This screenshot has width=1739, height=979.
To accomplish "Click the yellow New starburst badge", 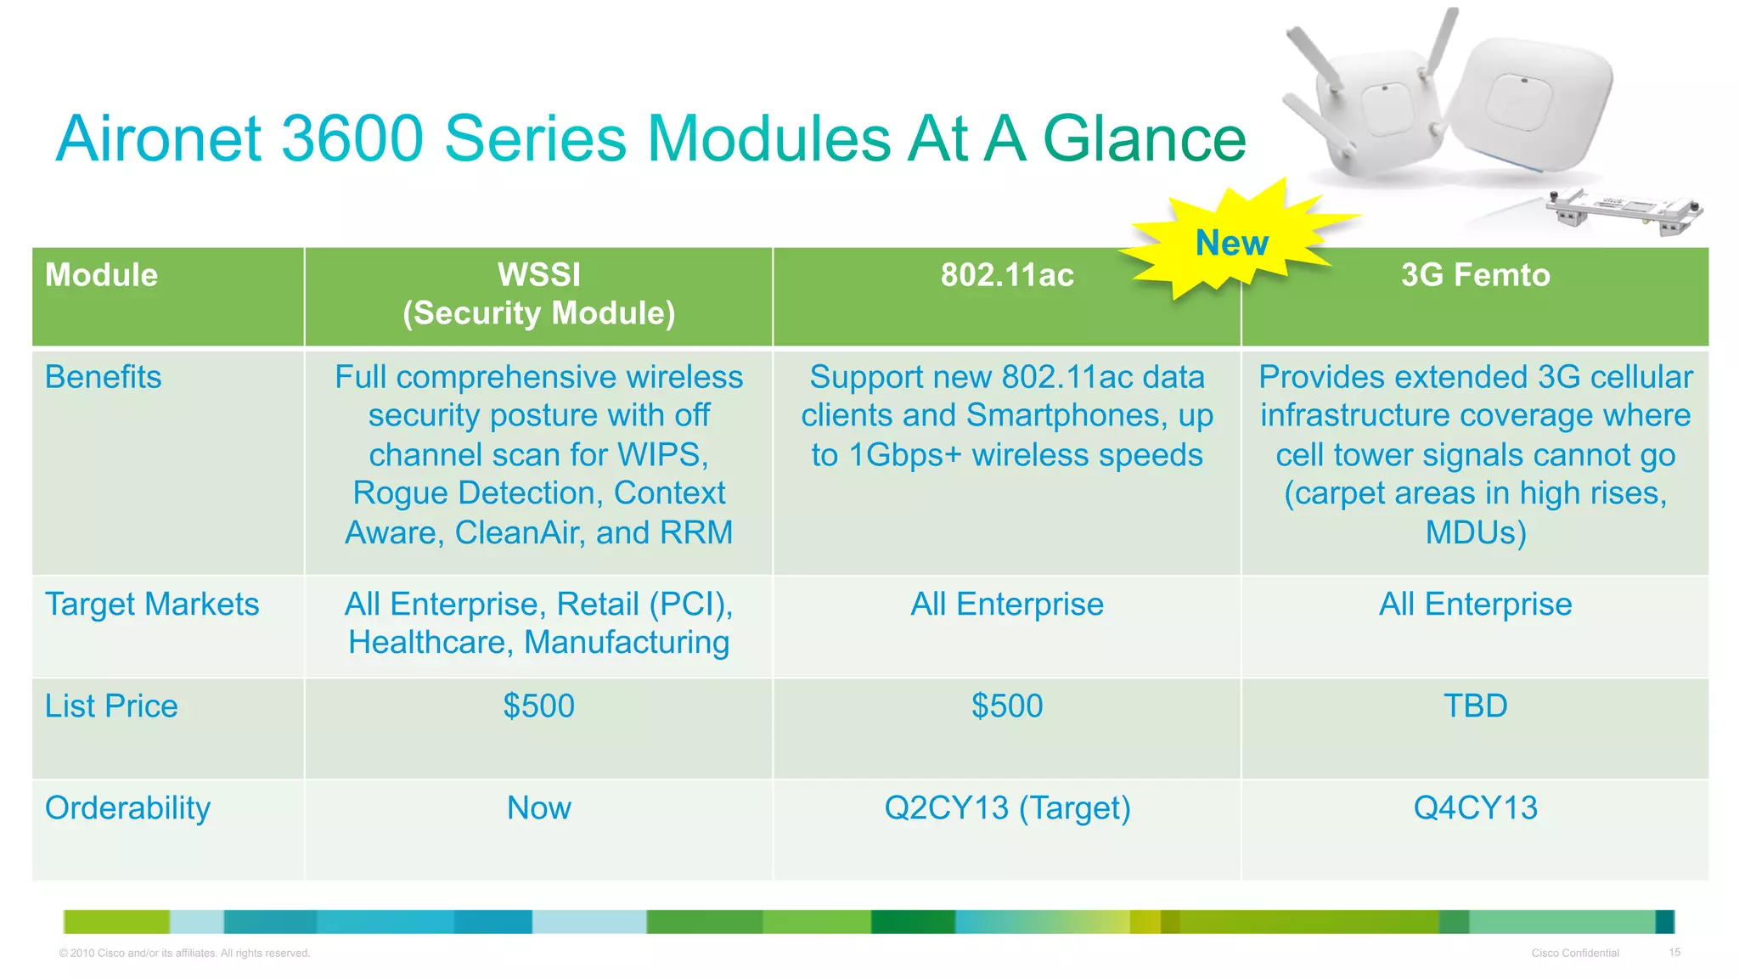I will point(1231,243).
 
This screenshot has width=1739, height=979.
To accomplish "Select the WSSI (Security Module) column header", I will point(538,294).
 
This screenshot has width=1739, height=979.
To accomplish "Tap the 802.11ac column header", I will point(1007,275).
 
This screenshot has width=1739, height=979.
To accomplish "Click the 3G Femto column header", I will point(1475,275).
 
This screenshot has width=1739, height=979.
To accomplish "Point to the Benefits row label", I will point(103,377).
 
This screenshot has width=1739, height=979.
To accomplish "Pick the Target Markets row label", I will point(152,605).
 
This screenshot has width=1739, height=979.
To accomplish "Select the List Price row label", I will point(111,706).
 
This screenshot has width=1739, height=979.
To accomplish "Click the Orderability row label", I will point(127,808).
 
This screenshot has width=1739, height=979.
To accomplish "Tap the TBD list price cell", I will point(1475,706).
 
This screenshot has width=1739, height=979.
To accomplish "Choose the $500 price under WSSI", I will point(538,706).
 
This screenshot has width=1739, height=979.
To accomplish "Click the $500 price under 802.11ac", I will point(1007,706).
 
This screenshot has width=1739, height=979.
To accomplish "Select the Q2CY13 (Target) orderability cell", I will point(1007,808).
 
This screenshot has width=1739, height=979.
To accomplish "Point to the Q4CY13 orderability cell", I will point(1475,808).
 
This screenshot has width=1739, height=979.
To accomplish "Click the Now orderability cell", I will point(538,808).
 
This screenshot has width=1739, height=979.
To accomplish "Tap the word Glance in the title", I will point(1143,139).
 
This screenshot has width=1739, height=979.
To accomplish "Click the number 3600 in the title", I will point(352,139).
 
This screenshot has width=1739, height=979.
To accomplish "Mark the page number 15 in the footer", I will point(1674,953).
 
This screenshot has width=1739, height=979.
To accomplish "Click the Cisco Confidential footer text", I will point(1574,954).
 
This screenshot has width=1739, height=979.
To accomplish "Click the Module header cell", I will point(102,275).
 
